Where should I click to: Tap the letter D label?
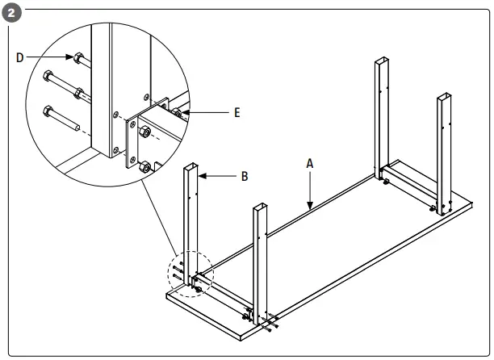20,57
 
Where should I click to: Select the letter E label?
237,113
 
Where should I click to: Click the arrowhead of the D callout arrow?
68,58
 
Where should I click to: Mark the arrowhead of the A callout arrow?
310,208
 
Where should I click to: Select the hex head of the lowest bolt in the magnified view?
48,109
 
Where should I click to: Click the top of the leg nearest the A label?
383,61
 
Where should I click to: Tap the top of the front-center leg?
260,207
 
